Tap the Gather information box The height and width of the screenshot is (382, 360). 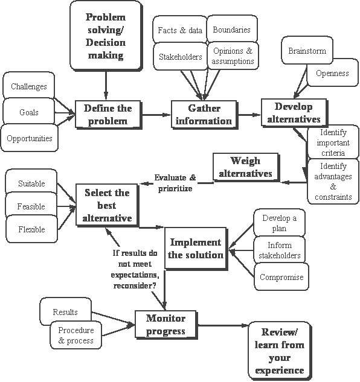pyautogui.click(x=204, y=114)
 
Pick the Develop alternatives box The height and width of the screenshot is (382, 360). pyautogui.click(x=294, y=112)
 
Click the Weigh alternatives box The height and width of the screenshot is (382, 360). pyautogui.click(x=246, y=167)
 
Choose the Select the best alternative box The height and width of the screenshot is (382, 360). pyautogui.click(x=108, y=205)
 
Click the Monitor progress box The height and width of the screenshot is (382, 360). pyautogui.click(x=166, y=325)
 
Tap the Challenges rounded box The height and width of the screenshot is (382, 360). pyautogui.click(x=29, y=87)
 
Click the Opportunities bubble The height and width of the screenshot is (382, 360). pyautogui.click(x=29, y=138)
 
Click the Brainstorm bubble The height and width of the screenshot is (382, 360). pyautogui.click(x=307, y=51)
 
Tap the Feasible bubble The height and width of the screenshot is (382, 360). pyautogui.click(x=31, y=206)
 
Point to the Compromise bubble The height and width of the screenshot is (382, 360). pyautogui.click(x=278, y=278)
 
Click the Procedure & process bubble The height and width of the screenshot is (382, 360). pyautogui.click(x=76, y=336)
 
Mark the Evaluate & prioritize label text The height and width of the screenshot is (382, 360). pyautogui.click(x=175, y=183)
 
